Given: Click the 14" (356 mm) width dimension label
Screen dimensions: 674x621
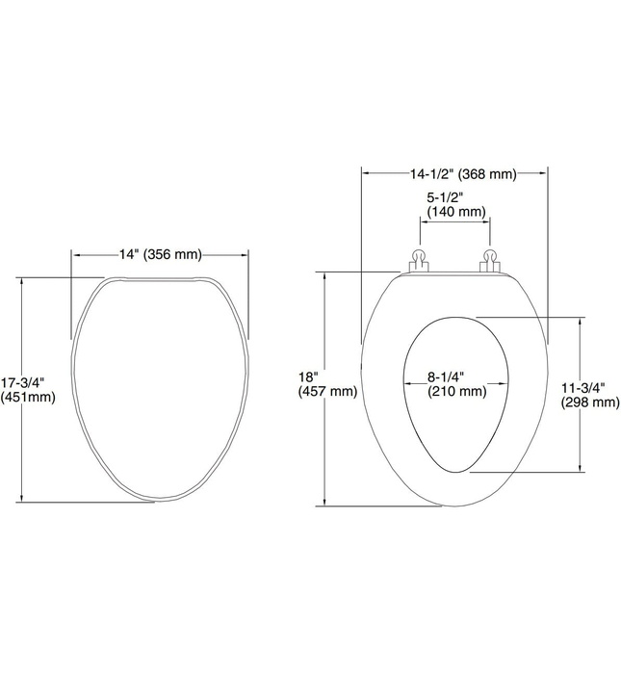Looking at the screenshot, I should pos(160,254).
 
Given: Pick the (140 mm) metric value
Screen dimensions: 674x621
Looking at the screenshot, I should pos(455,211).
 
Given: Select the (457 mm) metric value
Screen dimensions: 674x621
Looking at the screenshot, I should pos(328,392).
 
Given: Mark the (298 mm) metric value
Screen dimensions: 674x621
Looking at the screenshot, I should pos(589,402).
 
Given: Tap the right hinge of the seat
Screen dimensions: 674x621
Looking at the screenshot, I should pos(490,260).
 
